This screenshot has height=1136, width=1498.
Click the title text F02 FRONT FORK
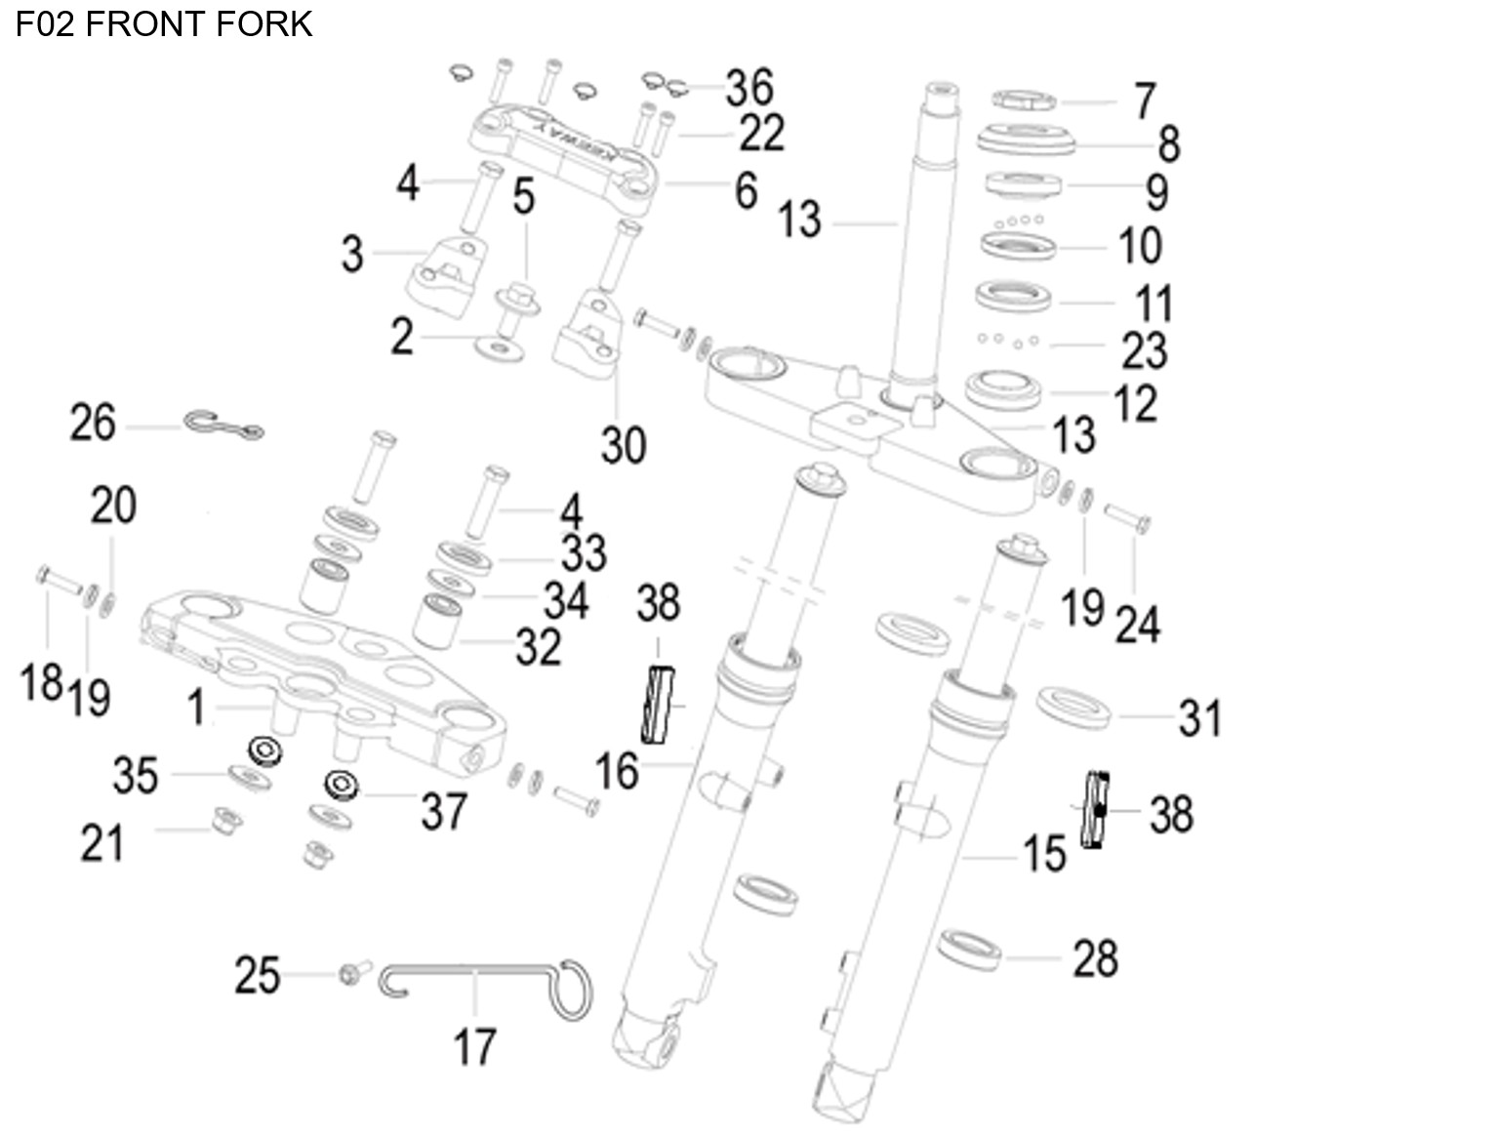point(164,23)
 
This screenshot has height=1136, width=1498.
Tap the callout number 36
point(749,88)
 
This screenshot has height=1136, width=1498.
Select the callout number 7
point(1145,101)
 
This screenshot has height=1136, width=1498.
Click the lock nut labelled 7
point(1024,100)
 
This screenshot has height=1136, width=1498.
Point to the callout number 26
point(93,424)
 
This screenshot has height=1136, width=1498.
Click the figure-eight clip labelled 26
point(223,426)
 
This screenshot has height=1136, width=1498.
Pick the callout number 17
point(474,1047)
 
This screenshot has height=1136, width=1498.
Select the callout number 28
point(1095,958)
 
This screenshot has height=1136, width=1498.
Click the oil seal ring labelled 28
point(970,950)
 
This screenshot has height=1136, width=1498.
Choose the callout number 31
point(1199,718)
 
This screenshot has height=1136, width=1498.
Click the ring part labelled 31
point(1073,707)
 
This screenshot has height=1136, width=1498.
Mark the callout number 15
point(1044,854)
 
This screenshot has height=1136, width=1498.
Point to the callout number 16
point(617,771)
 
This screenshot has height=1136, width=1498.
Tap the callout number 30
point(624,445)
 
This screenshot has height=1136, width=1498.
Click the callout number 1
point(196,707)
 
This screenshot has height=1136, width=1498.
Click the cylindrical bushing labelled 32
point(438,621)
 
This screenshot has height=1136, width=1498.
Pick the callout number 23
point(1144,350)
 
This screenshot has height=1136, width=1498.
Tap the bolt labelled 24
point(1128,517)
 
